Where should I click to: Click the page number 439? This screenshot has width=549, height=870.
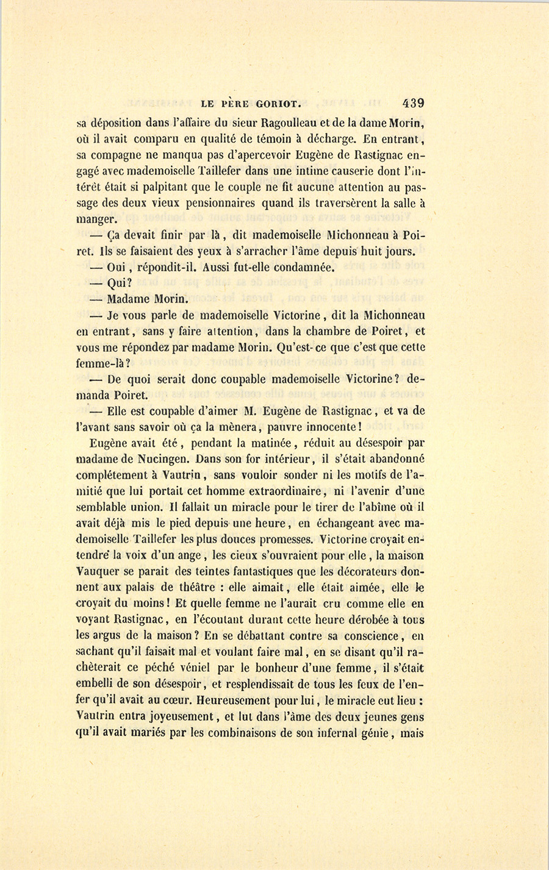coord(413,103)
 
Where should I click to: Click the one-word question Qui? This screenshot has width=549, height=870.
coord(119,283)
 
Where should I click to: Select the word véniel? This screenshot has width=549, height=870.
coord(190,668)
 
